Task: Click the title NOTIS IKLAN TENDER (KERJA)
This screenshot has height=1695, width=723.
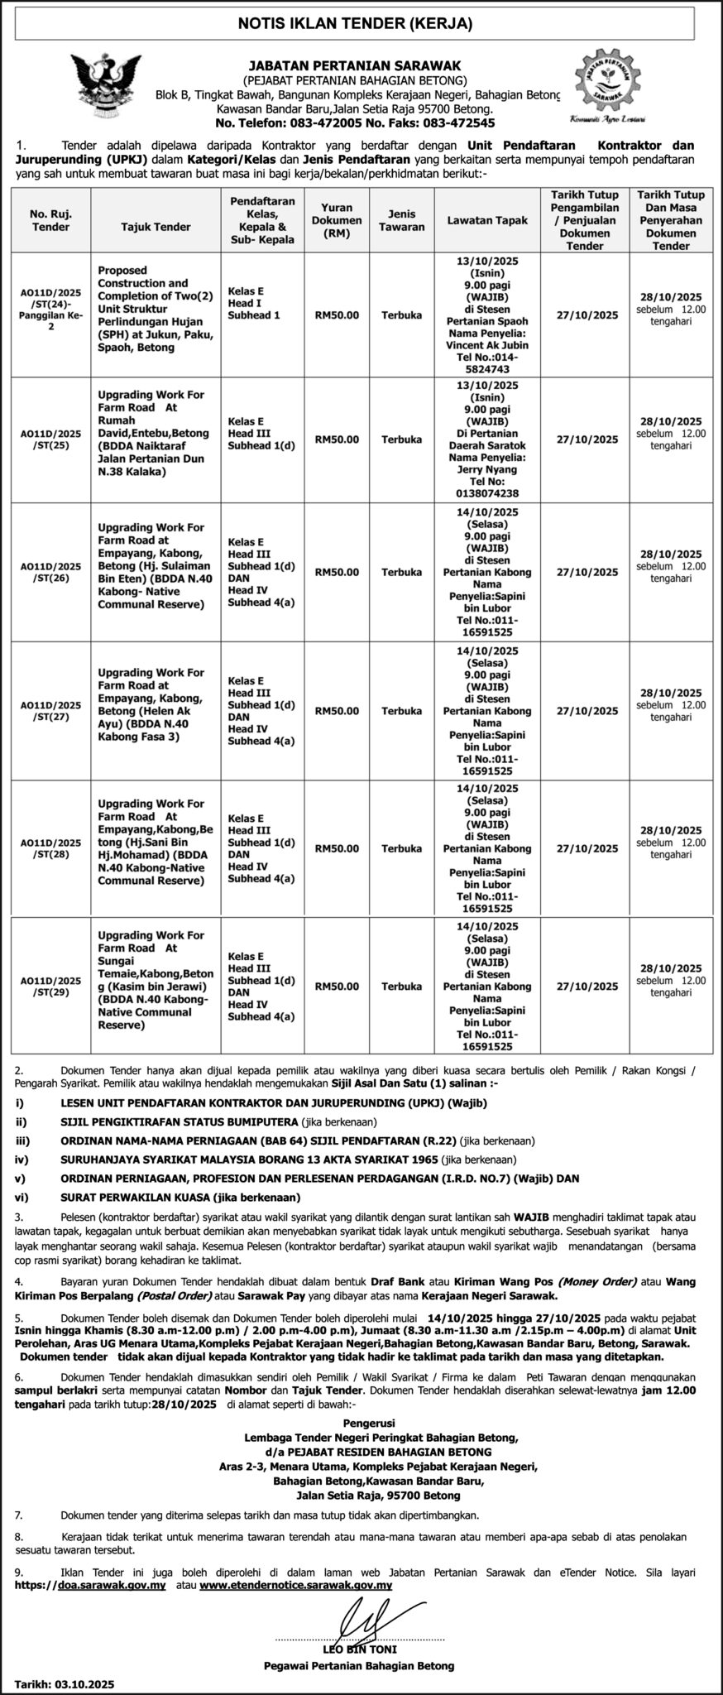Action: [x=361, y=24]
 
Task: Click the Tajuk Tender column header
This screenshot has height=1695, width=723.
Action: [x=156, y=227]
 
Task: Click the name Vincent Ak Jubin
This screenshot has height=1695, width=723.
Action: [x=487, y=344]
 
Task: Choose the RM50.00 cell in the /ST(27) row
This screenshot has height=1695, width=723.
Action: [x=337, y=711]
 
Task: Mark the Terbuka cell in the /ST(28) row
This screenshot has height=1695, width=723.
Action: [x=402, y=848]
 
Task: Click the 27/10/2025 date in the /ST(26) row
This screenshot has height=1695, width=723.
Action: [x=587, y=572]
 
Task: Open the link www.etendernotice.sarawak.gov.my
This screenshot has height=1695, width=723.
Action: [x=295, y=1585]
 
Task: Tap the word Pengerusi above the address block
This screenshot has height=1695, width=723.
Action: [x=361, y=1420]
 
